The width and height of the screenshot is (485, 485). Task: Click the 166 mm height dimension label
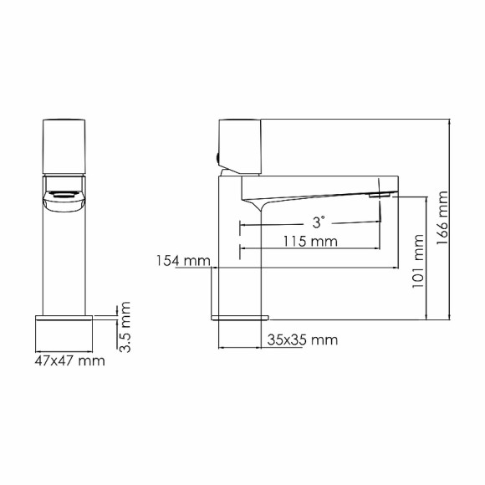442,219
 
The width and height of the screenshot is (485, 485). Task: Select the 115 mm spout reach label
310,242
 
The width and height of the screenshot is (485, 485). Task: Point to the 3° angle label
319,222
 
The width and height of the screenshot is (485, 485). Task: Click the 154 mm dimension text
181,261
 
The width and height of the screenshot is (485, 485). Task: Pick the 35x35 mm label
303,339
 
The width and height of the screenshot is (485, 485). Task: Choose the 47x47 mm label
71,361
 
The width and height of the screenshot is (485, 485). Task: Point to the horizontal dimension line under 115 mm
310,249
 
